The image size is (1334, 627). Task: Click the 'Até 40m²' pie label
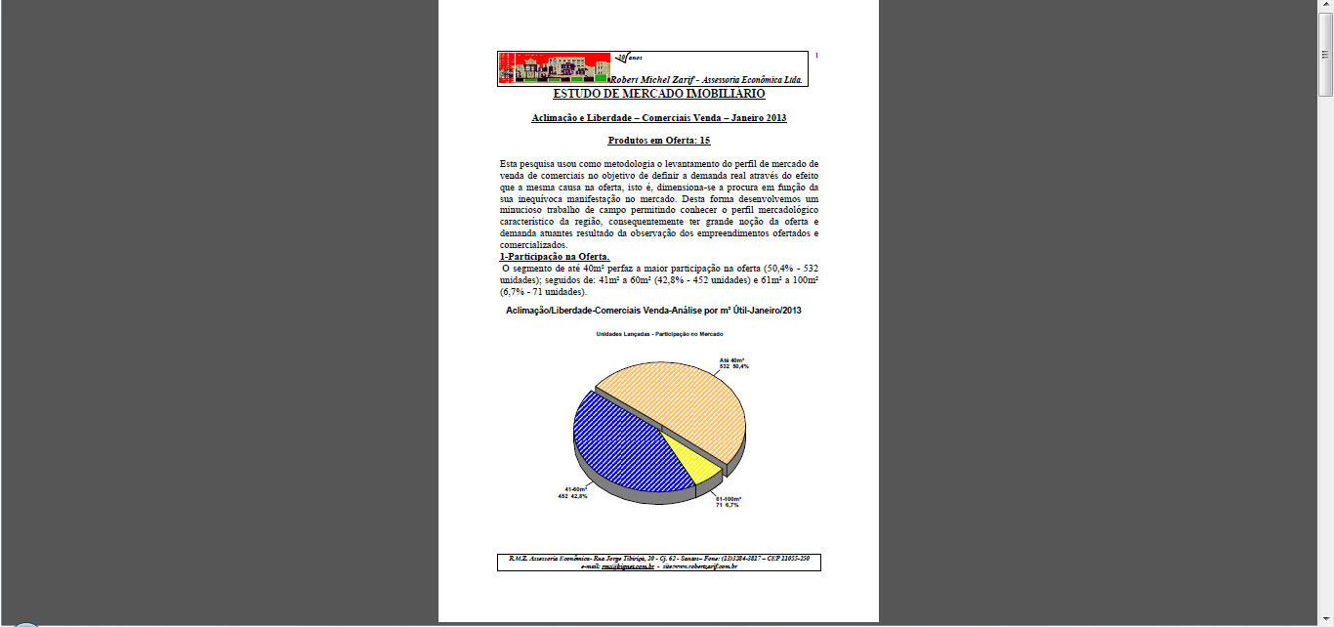click(733, 362)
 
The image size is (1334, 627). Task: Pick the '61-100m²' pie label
click(728, 502)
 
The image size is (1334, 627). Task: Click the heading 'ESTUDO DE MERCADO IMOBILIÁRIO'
click(658, 95)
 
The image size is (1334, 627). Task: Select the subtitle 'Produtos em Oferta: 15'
click(658, 141)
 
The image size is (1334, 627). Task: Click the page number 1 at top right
click(816, 55)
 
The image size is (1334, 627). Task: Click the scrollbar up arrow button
click(1325, 7)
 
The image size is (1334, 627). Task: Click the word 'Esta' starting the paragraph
click(510, 163)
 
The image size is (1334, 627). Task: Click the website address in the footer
click(699, 565)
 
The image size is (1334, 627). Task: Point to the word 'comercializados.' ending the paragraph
click(533, 245)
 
